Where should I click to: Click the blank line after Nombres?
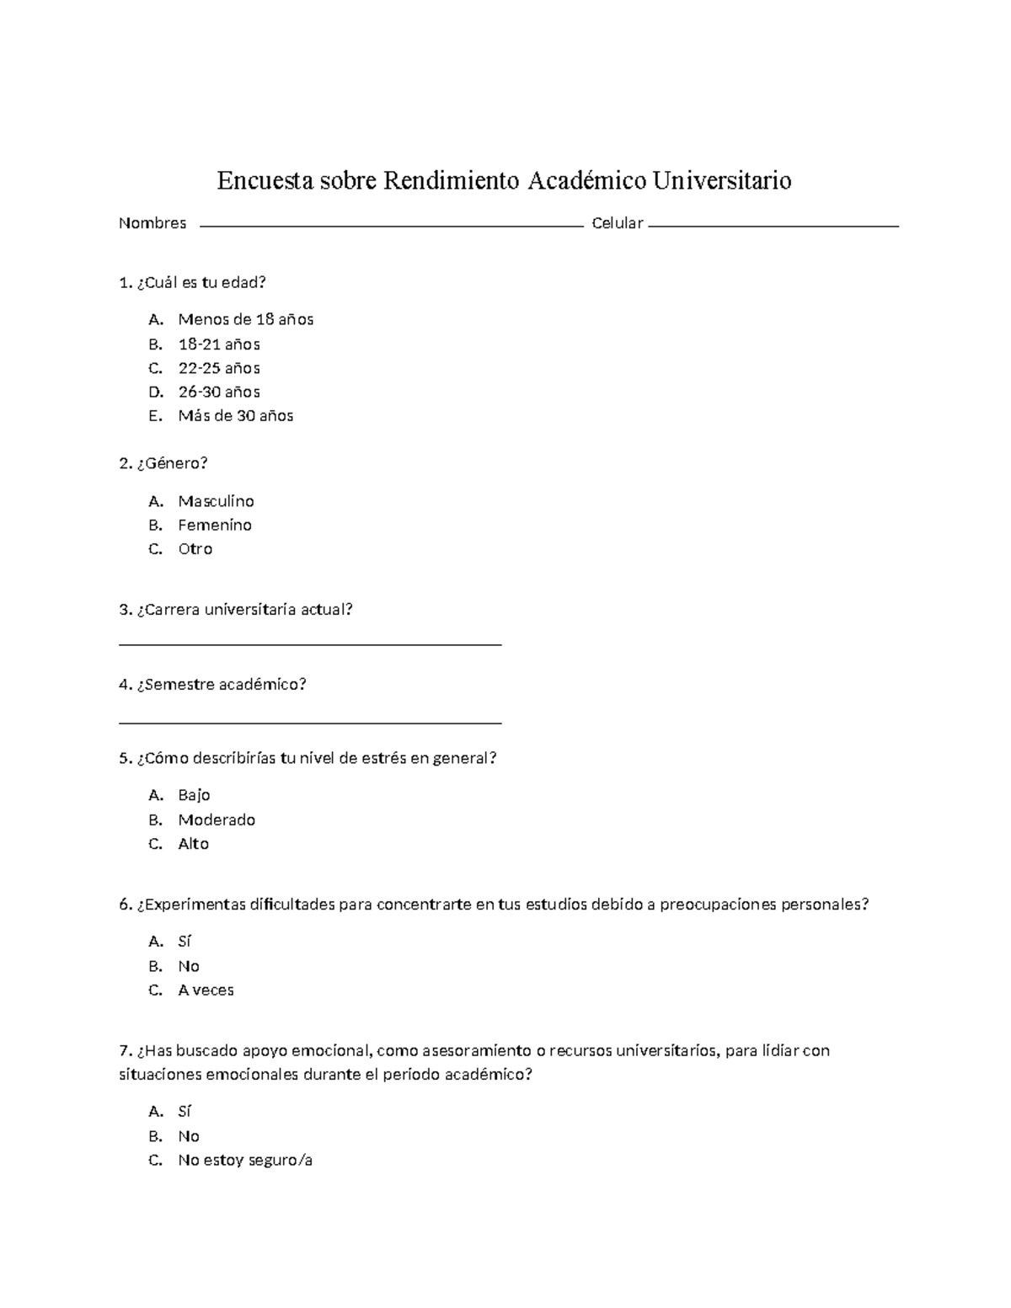click(392, 226)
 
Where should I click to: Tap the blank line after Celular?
click(773, 226)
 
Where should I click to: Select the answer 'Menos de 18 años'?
click(245, 319)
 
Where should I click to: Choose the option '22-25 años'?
click(218, 368)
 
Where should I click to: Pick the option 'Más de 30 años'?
click(235, 415)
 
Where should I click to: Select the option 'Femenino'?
click(215, 525)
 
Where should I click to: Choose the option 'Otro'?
click(195, 548)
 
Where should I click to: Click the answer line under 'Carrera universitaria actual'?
click(311, 643)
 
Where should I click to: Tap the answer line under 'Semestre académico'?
click(311, 722)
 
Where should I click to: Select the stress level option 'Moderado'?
click(217, 820)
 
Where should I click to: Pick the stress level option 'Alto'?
click(193, 843)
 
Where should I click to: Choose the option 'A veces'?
click(206, 990)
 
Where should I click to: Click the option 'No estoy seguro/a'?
click(245, 1160)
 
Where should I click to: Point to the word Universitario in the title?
click(727, 180)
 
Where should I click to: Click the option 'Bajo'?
click(194, 795)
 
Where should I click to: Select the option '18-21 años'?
click(218, 344)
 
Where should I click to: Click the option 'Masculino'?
click(216, 501)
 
